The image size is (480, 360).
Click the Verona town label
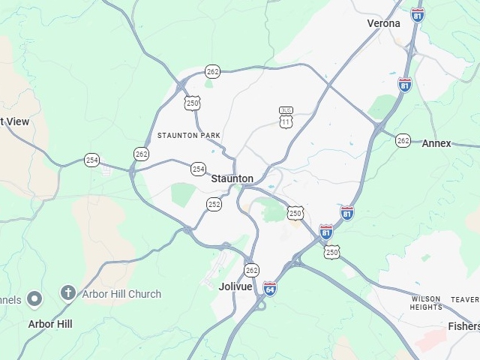pos(384,23)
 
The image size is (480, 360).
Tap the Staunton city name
pos(232,178)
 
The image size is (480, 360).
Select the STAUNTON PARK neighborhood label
pos(189,135)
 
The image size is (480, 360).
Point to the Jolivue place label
pos(235,286)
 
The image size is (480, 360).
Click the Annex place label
pos(436,143)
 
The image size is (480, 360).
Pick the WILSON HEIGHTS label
pos(426,303)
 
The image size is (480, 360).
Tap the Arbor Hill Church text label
pos(121,294)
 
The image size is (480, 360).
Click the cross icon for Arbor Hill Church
pos(68,292)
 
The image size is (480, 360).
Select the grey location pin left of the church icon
pos(34,299)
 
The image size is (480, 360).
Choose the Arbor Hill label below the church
pos(50,324)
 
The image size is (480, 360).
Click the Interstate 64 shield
pos(270,288)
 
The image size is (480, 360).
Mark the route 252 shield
pos(214,203)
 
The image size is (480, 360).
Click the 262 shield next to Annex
pos(403,140)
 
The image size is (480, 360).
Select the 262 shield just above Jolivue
pos(251,270)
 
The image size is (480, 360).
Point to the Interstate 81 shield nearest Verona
pos(418,14)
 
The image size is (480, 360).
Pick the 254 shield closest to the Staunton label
pos(198,169)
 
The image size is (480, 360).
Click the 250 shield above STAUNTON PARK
pos(193,103)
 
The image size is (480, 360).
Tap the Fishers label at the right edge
pos(463,326)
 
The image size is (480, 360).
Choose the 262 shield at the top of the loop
pos(213,71)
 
